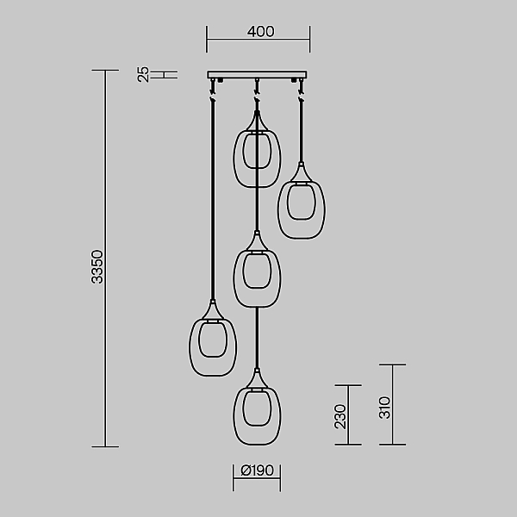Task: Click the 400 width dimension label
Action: [260, 32]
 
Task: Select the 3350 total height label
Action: [97, 267]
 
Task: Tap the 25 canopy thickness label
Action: [143, 74]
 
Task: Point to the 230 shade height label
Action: [340, 417]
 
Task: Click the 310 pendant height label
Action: [384, 408]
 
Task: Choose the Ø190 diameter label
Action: [257, 470]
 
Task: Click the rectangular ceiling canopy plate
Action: [257, 75]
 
